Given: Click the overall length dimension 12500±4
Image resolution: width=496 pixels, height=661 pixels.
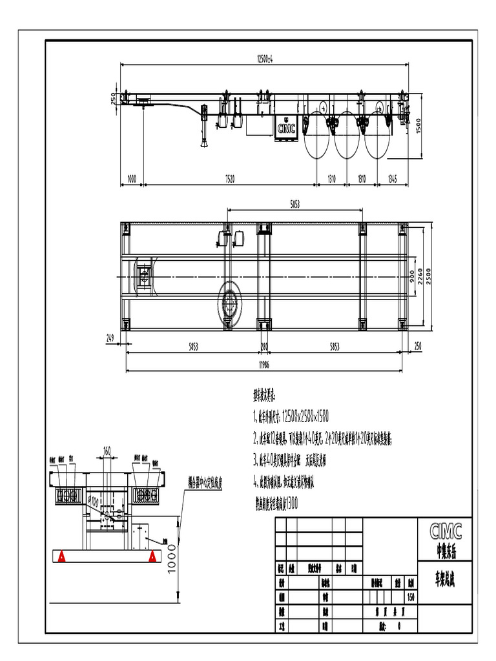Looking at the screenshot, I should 265,59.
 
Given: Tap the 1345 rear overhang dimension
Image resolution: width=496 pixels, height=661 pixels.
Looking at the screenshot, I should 393,178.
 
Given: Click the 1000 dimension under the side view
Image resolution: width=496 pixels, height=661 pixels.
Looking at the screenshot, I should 132,178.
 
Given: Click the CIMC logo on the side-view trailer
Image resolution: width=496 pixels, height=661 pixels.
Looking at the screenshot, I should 286,128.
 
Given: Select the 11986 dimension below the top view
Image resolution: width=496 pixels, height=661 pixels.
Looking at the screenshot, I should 265,366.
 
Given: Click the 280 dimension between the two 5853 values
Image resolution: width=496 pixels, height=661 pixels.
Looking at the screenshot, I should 265,347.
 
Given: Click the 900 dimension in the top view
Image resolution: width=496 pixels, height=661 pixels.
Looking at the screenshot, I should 411,276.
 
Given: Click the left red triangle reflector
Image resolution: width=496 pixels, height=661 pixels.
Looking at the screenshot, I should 61,555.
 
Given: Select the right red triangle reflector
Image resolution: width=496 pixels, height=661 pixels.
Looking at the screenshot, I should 152,555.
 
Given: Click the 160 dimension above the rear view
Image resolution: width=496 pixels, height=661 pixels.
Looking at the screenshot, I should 107,450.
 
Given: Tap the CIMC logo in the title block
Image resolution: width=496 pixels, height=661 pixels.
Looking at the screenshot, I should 446,531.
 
